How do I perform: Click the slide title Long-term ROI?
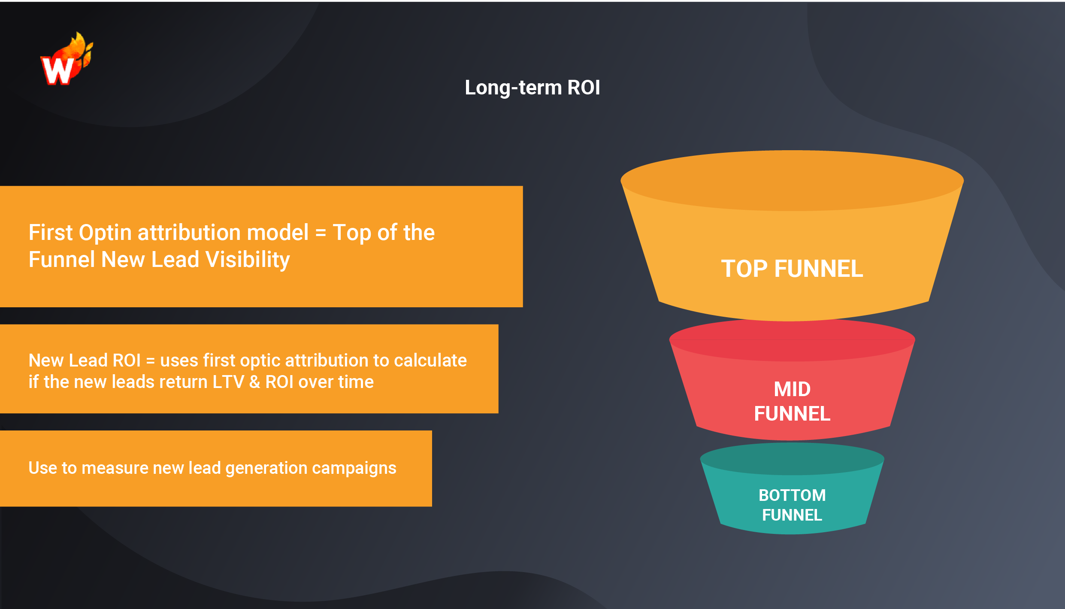532,88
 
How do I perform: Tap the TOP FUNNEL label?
792,269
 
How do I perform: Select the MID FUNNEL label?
792,401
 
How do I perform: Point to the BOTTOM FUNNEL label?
792,505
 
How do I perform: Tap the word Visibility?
248,260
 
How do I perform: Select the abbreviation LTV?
228,382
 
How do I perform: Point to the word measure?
115,468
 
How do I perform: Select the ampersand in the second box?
255,382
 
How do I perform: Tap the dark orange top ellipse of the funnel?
792,180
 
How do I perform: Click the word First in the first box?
50,233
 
